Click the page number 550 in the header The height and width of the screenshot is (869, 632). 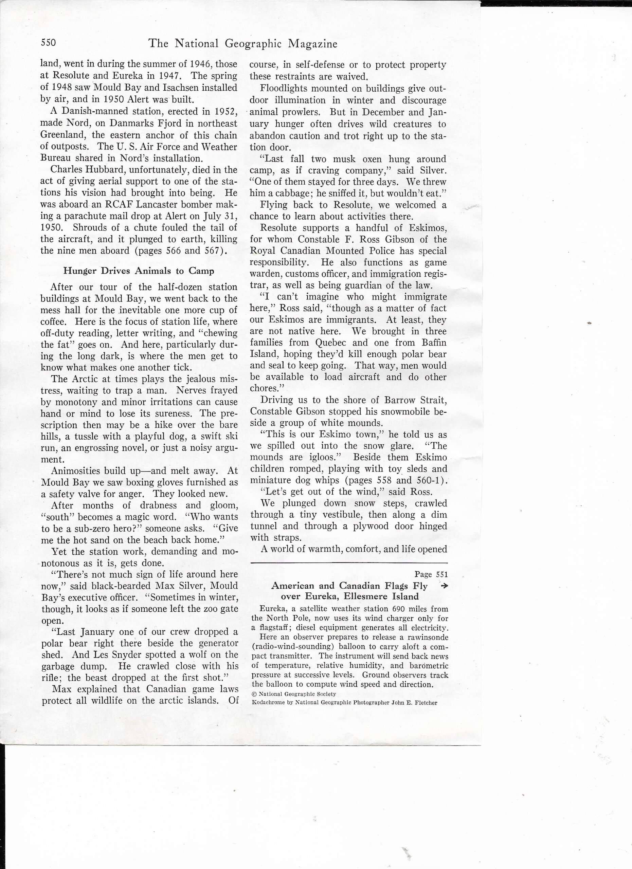coord(48,42)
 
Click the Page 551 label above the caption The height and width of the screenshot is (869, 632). coord(431,574)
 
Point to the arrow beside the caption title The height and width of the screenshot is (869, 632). coord(444,586)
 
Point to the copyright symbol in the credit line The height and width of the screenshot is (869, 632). coord(254,694)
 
